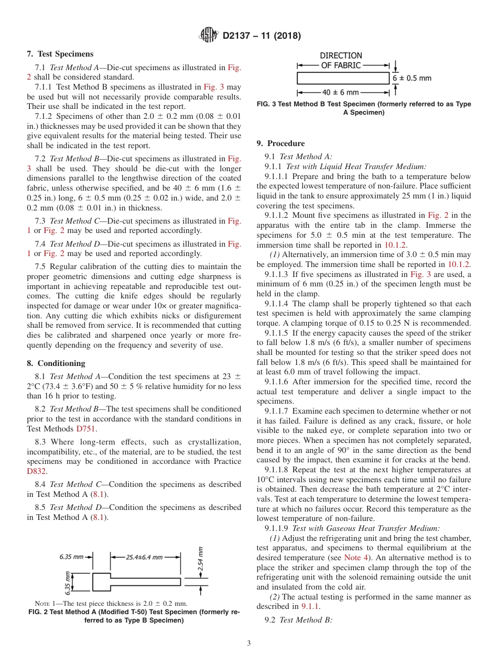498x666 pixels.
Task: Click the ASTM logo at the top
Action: [208, 36]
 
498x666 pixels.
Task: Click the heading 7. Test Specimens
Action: [60, 54]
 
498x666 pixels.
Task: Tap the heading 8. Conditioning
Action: [56, 363]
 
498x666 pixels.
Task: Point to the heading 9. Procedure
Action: [280, 143]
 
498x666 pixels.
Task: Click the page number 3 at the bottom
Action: [248, 643]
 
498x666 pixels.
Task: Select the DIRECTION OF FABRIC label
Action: [341, 60]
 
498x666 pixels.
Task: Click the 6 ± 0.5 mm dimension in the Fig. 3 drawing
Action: [412, 78]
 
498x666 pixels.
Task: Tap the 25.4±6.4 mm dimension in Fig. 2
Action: [144, 557]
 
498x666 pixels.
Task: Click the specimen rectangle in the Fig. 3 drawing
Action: [343, 78]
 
